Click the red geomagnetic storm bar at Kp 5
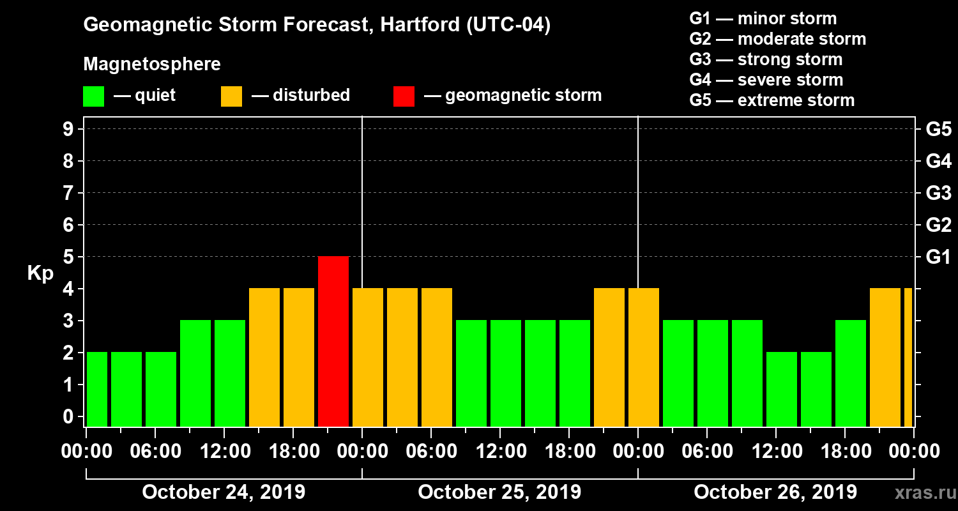click(x=333, y=341)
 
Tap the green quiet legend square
click(x=93, y=96)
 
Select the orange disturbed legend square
click(x=231, y=96)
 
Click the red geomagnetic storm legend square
click(x=404, y=96)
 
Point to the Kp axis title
click(x=40, y=273)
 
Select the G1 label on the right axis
click(x=938, y=257)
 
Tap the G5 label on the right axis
click(x=938, y=130)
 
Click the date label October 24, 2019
click(x=224, y=492)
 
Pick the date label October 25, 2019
click(x=499, y=492)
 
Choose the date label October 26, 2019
click(x=775, y=492)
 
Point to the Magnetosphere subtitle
click(x=152, y=65)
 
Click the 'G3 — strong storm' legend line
click(x=766, y=59)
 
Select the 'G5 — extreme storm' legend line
click(x=772, y=100)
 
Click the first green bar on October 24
click(x=97, y=389)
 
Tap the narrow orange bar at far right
click(x=908, y=357)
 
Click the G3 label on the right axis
click(x=938, y=194)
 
